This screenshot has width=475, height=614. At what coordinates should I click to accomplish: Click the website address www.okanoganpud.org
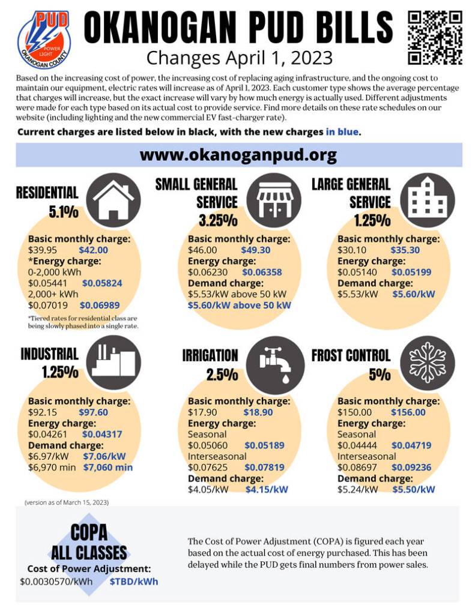point(238,155)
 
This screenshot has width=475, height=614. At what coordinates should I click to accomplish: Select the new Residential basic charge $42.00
point(93,250)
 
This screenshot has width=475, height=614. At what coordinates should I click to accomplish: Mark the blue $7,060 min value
point(107,467)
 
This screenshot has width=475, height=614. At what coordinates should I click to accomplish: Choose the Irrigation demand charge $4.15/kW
point(267,489)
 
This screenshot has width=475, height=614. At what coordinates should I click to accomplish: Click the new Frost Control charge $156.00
point(408,412)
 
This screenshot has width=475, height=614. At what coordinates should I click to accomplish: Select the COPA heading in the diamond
point(88,532)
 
